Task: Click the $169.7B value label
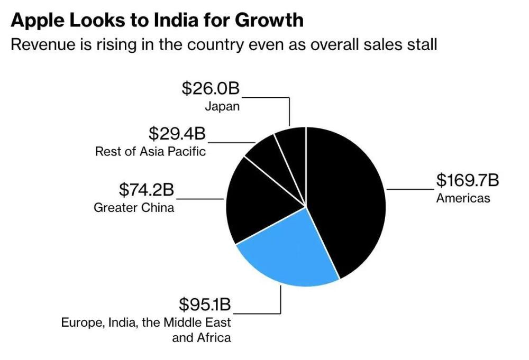[467, 180]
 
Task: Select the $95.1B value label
[205, 305]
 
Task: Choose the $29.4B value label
[177, 133]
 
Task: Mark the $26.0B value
[211, 88]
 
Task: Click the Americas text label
[463, 198]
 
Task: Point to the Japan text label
[222, 106]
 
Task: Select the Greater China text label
[134, 207]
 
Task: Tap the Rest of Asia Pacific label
[150, 152]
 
